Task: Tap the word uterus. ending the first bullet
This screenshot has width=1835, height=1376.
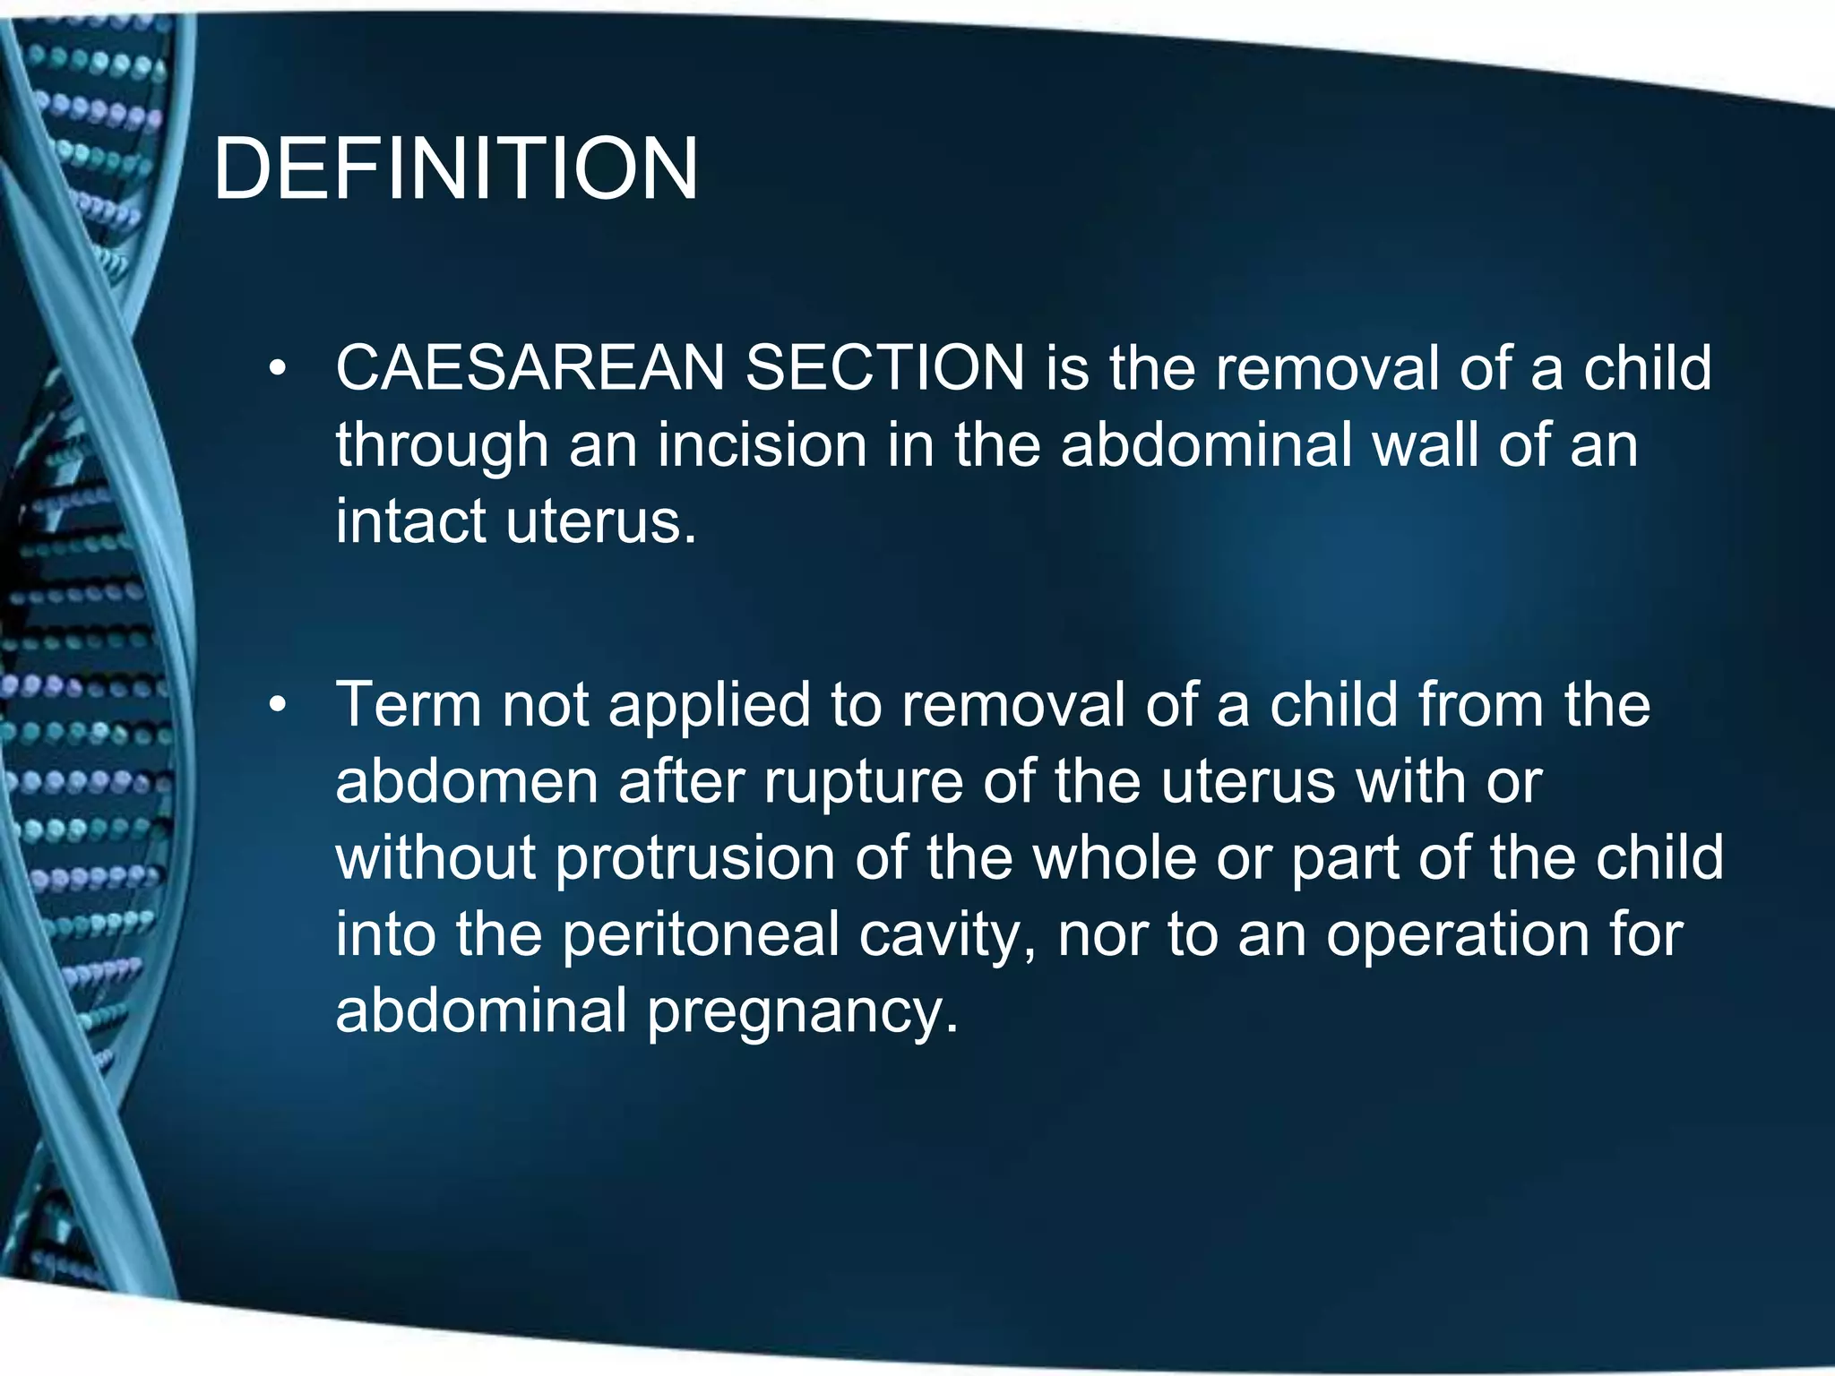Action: tap(600, 521)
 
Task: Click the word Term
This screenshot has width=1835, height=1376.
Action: tap(408, 705)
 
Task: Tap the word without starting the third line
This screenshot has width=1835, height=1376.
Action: tap(435, 858)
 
